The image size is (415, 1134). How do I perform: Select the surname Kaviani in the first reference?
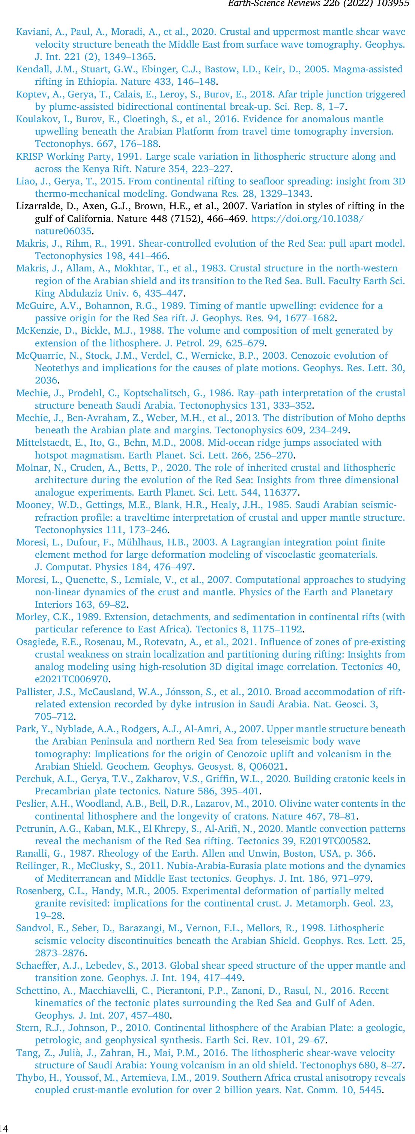[31, 32]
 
